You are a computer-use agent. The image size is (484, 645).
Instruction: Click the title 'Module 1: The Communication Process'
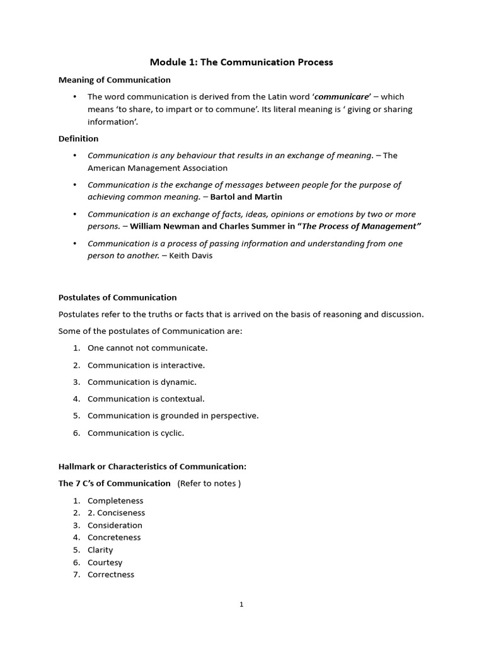click(x=241, y=62)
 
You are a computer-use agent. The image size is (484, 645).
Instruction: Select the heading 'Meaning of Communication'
click(x=114, y=80)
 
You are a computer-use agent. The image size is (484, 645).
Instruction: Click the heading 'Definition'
click(x=78, y=139)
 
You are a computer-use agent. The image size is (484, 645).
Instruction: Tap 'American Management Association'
click(x=158, y=168)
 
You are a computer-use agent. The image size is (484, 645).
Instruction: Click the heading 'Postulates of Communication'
click(x=117, y=297)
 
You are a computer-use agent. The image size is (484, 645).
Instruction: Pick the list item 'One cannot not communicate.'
click(x=147, y=348)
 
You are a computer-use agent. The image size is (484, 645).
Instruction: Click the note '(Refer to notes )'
click(x=209, y=483)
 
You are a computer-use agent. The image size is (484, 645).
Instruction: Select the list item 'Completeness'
click(x=115, y=501)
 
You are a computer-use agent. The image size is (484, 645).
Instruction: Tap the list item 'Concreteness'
click(x=114, y=537)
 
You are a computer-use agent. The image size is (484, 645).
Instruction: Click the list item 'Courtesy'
click(x=105, y=562)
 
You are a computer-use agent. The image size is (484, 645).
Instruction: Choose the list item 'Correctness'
click(x=111, y=574)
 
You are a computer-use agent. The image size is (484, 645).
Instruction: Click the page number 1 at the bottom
click(x=241, y=605)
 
